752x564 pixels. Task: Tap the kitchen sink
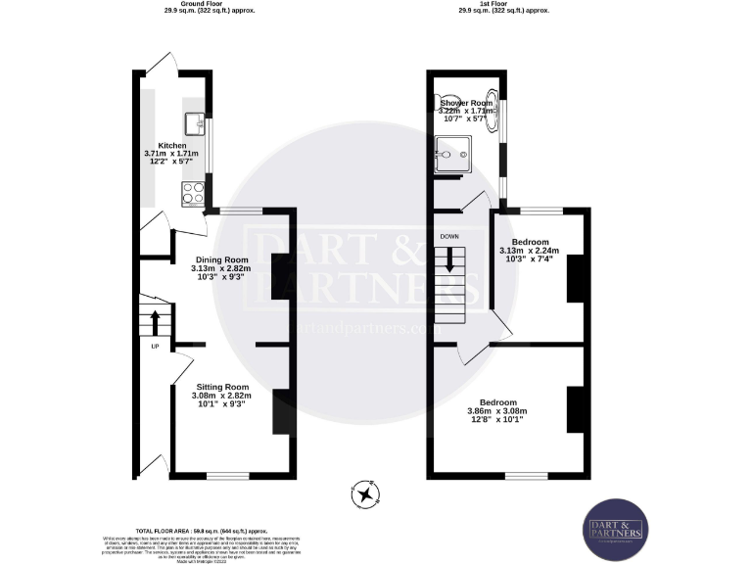193,123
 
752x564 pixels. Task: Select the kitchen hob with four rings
191,192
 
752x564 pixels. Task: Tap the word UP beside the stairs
155,346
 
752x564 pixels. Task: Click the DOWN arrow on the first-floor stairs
450,260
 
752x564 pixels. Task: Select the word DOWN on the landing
449,236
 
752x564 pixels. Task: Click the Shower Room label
466,103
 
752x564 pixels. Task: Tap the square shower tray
454,154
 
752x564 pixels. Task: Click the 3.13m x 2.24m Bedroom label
530,242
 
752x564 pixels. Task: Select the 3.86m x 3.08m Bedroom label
496,401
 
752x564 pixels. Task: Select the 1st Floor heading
504,4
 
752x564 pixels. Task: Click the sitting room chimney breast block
280,411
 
